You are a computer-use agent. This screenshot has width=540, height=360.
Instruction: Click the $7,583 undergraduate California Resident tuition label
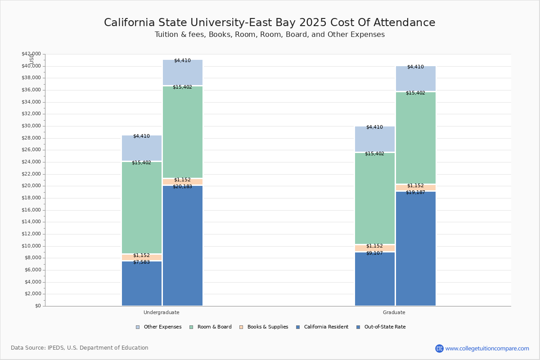141,262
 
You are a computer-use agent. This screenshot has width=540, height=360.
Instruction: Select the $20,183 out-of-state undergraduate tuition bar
183,245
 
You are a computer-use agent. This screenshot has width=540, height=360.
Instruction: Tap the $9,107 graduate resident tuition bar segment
375,279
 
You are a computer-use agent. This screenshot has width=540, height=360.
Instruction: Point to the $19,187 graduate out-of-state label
415,192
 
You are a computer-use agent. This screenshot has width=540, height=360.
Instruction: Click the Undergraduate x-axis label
161,312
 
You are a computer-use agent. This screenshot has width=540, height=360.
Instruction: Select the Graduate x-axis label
394,312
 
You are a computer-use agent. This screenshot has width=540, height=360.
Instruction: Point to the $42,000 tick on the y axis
31,54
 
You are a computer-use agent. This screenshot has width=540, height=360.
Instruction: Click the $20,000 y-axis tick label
31,186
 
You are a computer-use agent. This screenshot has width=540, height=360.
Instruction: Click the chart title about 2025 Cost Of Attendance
270,22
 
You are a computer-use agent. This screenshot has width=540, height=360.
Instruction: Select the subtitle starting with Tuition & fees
270,35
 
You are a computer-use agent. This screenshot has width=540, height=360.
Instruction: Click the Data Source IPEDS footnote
80,348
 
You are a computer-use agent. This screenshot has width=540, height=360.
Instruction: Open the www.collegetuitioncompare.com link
487,348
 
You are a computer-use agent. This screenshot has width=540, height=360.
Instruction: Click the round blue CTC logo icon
439,348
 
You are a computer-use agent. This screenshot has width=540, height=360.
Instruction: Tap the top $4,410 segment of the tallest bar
183,72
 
